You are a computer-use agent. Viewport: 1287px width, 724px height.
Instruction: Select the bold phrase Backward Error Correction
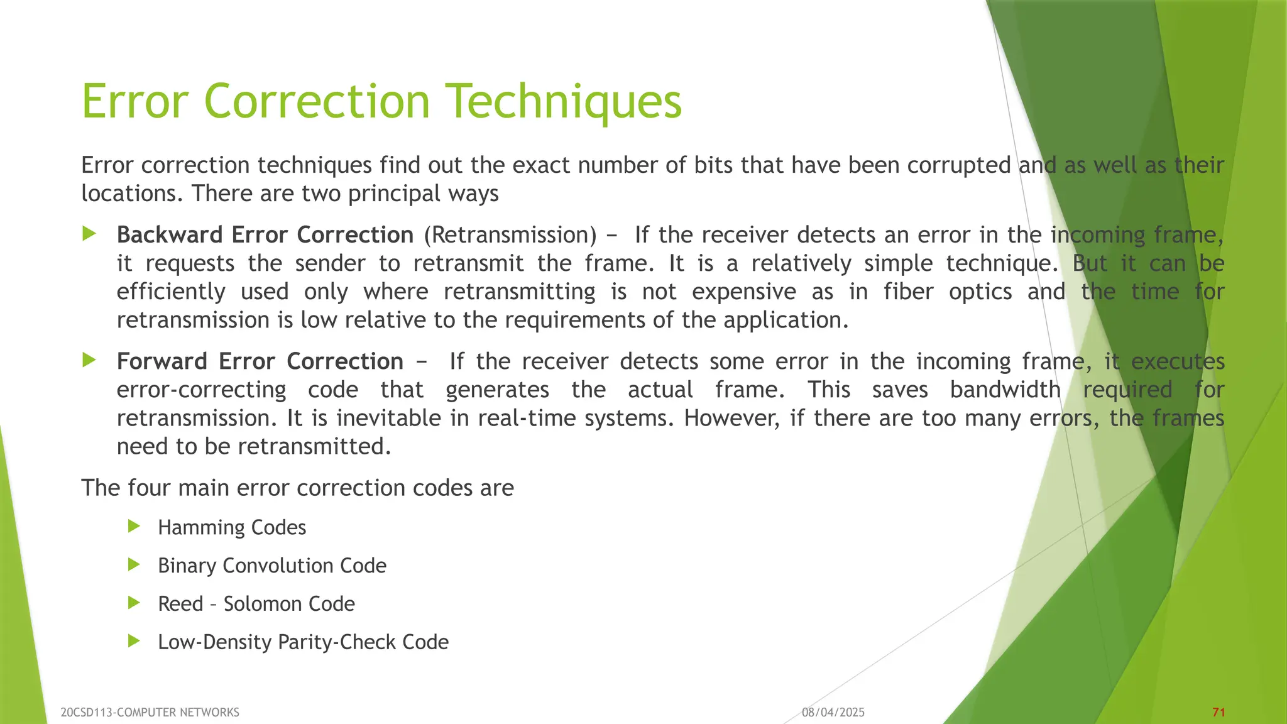tap(265, 235)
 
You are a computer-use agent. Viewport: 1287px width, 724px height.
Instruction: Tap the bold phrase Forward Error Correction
tap(260, 361)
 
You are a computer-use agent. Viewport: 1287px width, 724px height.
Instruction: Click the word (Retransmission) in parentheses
tap(510, 235)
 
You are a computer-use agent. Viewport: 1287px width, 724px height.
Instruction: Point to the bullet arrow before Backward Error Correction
tap(89, 234)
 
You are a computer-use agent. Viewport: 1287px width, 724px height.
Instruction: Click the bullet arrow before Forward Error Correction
tap(89, 361)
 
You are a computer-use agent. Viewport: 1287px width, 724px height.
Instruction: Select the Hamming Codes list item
tap(232, 527)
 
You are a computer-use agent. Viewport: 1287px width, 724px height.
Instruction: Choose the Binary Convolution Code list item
tap(272, 566)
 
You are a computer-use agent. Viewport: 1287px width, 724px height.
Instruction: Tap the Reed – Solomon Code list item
tap(256, 604)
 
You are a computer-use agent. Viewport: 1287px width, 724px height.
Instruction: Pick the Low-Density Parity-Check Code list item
tap(304, 642)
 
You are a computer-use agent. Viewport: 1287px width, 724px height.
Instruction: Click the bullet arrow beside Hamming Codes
tap(133, 527)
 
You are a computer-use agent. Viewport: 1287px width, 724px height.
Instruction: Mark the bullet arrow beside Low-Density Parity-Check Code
tap(133, 641)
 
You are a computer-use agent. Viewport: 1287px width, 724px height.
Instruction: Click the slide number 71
tap(1219, 712)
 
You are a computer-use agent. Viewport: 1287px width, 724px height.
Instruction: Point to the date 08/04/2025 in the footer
tap(833, 712)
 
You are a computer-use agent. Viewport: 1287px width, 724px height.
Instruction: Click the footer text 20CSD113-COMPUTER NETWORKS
tap(150, 712)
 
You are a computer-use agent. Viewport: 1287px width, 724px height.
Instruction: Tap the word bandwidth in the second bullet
tap(1005, 390)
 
